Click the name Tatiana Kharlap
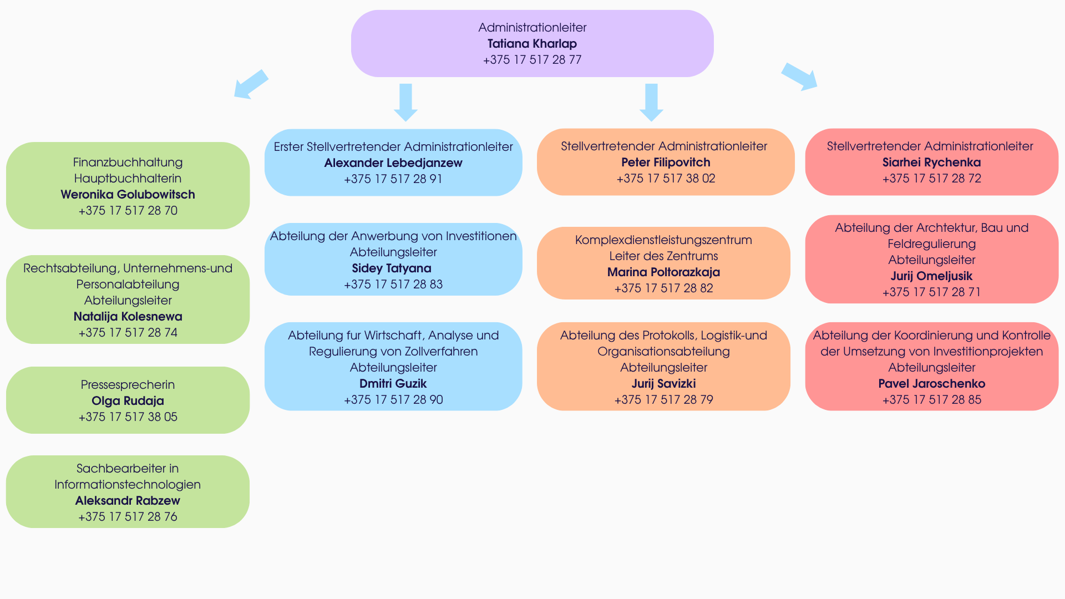tap(532, 44)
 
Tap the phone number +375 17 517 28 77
tap(532, 60)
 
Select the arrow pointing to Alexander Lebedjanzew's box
tap(405, 102)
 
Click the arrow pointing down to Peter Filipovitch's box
tap(651, 102)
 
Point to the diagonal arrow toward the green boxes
tap(251, 85)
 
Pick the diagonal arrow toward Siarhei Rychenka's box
tap(800, 77)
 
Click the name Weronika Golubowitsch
tap(128, 195)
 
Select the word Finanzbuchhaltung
tap(128, 163)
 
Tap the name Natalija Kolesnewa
tap(128, 317)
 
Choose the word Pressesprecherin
tap(128, 385)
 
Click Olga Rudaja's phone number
tap(128, 417)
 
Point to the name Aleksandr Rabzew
tap(128, 501)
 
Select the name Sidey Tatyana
tap(392, 268)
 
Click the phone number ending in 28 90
tap(393, 400)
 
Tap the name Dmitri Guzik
tap(393, 384)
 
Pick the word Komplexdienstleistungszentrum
tap(663, 240)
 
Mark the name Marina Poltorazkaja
tap(663, 272)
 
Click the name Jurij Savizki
tap(663, 384)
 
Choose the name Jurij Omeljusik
tap(931, 276)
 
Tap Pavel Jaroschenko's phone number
tap(931, 400)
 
